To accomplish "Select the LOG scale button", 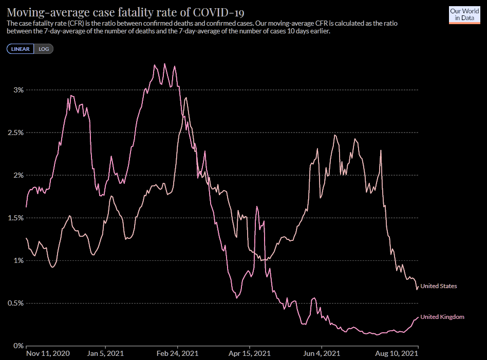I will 44,49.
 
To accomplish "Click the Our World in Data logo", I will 464,14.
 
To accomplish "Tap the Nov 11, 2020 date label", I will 48,354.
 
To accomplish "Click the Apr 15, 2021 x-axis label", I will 249,354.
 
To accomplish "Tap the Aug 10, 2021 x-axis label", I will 396,354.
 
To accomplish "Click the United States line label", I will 438,286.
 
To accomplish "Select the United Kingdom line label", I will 442,317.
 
